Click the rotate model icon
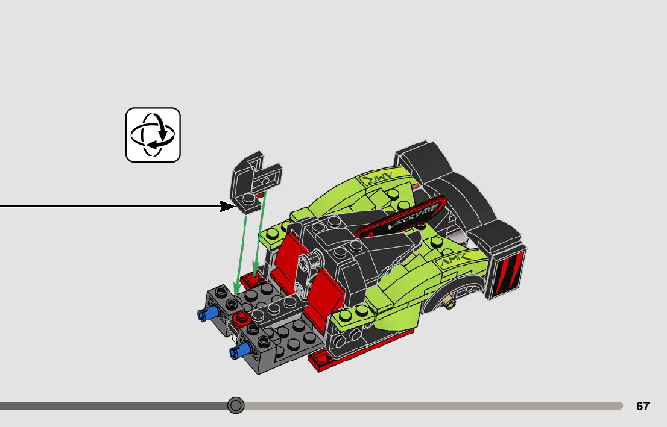pos(153,135)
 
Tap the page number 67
pos(643,406)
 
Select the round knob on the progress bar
pos(236,405)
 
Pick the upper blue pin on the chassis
pos(206,313)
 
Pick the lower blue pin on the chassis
pos(239,351)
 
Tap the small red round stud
pos(242,317)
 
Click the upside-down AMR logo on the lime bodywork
pos(376,178)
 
